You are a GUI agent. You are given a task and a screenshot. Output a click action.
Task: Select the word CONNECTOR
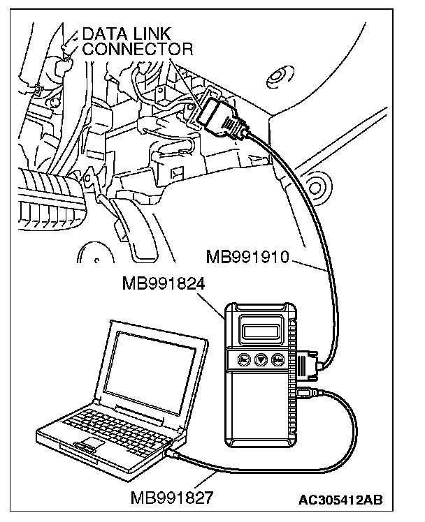[137, 49]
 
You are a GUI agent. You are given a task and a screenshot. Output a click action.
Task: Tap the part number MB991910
[247, 258]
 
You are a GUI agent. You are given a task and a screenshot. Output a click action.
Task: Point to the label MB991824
[163, 284]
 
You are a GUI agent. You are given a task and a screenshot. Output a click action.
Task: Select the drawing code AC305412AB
[341, 500]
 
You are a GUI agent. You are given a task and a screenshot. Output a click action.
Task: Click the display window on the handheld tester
[261, 327]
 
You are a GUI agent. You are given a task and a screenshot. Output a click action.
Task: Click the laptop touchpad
[87, 446]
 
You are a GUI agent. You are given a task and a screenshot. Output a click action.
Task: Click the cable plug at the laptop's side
[170, 454]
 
